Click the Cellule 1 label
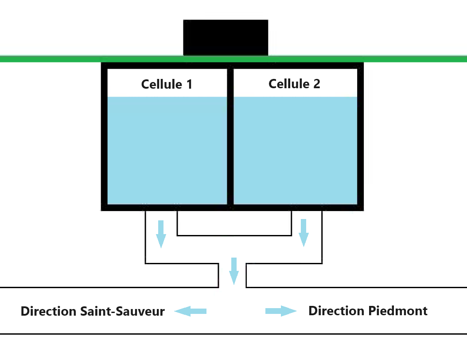[x=167, y=84]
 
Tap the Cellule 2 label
[x=294, y=84]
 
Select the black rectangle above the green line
[x=226, y=38]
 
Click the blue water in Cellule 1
[x=167, y=150]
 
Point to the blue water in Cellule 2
[x=296, y=150]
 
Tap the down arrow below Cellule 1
[x=161, y=234]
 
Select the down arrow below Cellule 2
[x=304, y=233]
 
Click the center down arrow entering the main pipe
[x=234, y=271]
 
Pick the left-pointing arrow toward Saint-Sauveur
[x=191, y=311]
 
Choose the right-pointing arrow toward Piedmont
[x=281, y=311]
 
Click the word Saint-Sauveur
[x=122, y=311]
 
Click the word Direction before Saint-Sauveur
[x=49, y=311]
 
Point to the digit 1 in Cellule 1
[x=189, y=84]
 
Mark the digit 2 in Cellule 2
[x=317, y=84]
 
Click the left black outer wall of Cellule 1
[x=104, y=137]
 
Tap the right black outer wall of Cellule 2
[x=360, y=137]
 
